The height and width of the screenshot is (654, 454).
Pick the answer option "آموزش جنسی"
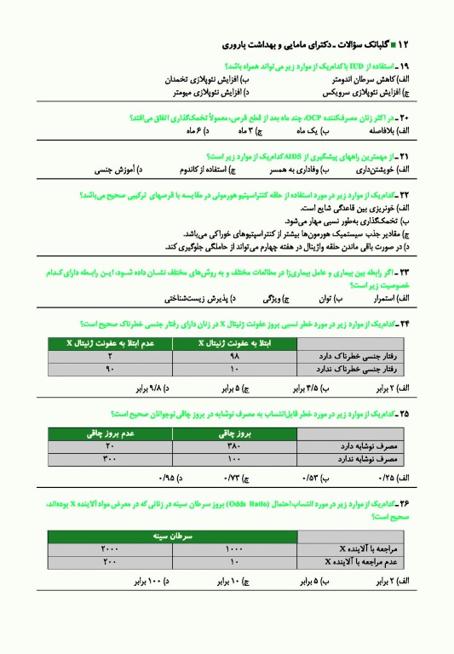click(x=113, y=170)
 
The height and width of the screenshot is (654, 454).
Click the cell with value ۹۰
click(x=109, y=369)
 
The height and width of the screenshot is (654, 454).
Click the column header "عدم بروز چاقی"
click(x=109, y=433)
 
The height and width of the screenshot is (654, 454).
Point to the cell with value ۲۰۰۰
click(x=109, y=549)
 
